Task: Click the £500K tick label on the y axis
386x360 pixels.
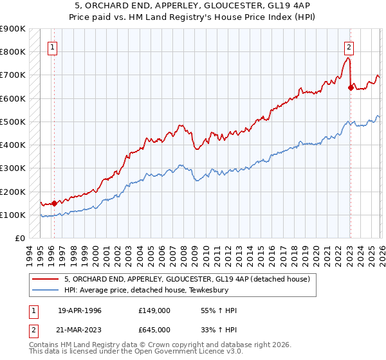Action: tap(13, 122)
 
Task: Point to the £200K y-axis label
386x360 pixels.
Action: tap(13, 192)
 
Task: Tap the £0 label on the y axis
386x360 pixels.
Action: tap(20, 239)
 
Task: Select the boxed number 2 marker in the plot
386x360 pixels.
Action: tap(349, 46)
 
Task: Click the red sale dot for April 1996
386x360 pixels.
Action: tap(54, 203)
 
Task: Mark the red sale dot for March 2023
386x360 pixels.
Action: tap(351, 88)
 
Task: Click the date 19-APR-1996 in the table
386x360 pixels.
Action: tap(80, 310)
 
